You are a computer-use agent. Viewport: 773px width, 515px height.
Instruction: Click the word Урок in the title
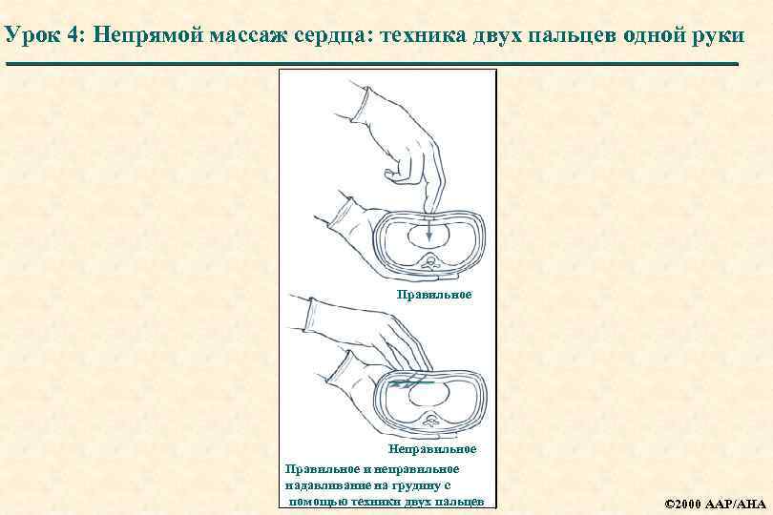[x=30, y=36]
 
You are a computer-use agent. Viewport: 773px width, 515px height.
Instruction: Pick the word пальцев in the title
[x=570, y=36]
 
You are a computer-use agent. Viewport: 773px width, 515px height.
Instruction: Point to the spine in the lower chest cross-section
[x=432, y=417]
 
